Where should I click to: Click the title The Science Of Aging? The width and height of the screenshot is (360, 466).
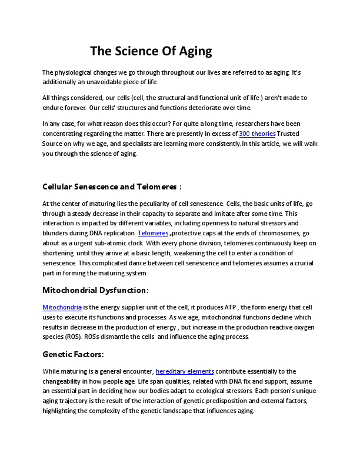[151, 51]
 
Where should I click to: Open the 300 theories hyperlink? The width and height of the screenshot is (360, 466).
[257, 134]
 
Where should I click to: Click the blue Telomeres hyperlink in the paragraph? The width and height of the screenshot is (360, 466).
[153, 233]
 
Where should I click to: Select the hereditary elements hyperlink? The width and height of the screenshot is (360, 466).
[185, 371]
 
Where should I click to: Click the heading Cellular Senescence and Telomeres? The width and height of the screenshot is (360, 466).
[112, 187]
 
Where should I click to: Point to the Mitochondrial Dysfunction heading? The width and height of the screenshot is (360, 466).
[95, 290]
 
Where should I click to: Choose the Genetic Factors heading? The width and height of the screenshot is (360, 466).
[73, 354]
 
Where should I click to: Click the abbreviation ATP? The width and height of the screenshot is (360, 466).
[231, 307]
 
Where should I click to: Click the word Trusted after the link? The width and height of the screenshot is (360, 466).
[288, 134]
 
